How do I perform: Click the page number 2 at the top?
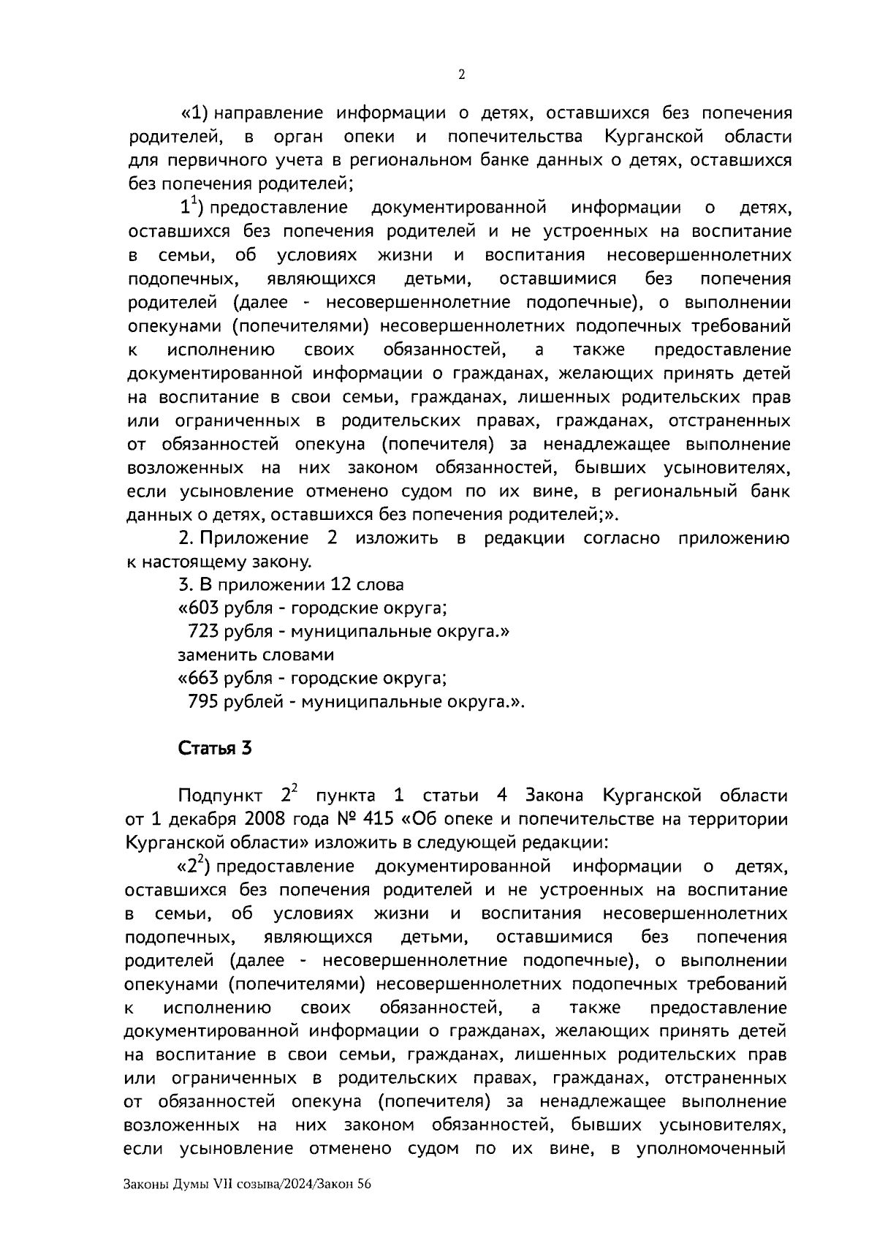pyautogui.click(x=460, y=75)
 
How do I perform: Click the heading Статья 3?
pyautogui.click(x=215, y=749)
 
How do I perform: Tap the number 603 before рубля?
pyautogui.click(x=203, y=608)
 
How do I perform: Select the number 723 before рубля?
pyautogui.click(x=203, y=632)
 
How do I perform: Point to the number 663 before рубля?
pyautogui.click(x=203, y=679)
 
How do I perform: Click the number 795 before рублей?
pyautogui.click(x=203, y=702)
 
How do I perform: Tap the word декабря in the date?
pyautogui.click(x=193, y=819)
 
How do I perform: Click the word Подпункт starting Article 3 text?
pyautogui.click(x=220, y=796)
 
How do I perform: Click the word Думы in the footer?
pyautogui.click(x=191, y=1185)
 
